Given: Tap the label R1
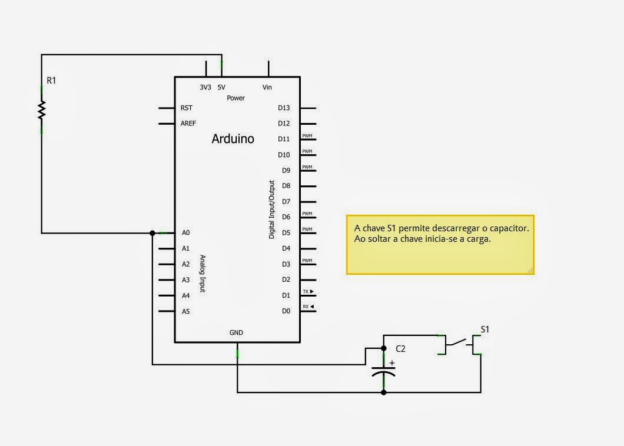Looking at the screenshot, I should (x=51, y=80).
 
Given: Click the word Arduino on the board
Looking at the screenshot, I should (x=233, y=139).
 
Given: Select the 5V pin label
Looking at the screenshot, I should (x=221, y=87).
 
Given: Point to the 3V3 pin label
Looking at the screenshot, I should (x=205, y=87).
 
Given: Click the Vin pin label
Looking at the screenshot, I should (x=267, y=87).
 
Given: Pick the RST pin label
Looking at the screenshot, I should (x=187, y=108).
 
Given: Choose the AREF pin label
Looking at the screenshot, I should (x=188, y=124).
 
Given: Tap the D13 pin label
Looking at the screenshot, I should (x=284, y=108).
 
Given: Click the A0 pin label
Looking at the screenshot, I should (x=186, y=233).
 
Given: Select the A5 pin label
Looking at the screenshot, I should (x=186, y=311).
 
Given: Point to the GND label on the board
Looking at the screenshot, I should (x=236, y=332).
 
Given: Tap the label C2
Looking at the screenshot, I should (x=400, y=348).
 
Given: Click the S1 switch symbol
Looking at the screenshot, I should (x=460, y=344).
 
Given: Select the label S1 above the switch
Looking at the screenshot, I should (x=485, y=329).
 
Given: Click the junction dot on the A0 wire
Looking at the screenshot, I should (x=152, y=233).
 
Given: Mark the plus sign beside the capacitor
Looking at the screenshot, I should (x=392, y=363).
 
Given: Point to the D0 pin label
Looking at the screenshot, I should (x=286, y=311).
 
